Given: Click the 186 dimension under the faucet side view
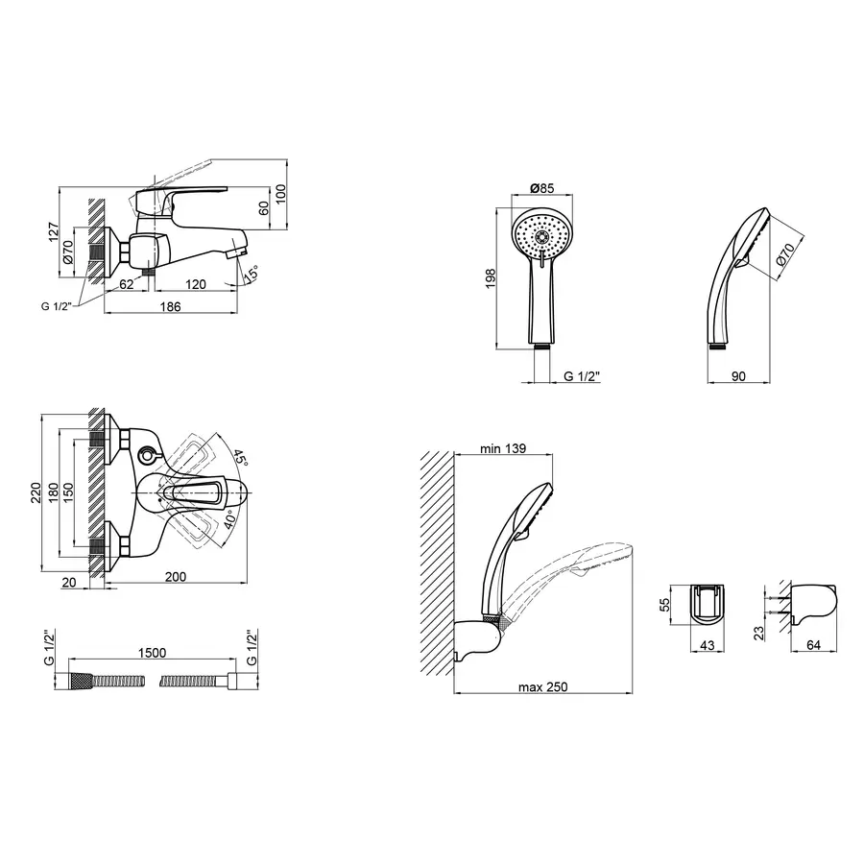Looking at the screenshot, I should [x=170, y=306].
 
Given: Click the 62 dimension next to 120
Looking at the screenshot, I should [x=126, y=284].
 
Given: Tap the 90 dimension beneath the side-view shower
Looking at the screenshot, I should [x=738, y=377].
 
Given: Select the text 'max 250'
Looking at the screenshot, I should [x=542, y=686].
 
